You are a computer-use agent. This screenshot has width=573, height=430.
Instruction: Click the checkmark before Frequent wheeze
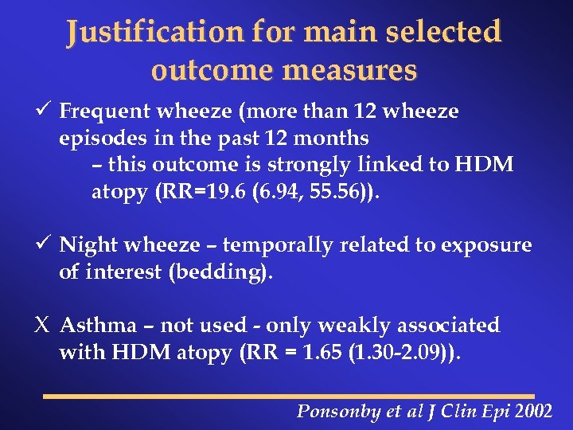coord(45,110)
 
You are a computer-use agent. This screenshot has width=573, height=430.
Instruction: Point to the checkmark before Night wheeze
coord(45,244)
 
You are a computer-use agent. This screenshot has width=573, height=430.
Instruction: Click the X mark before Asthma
coord(45,326)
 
